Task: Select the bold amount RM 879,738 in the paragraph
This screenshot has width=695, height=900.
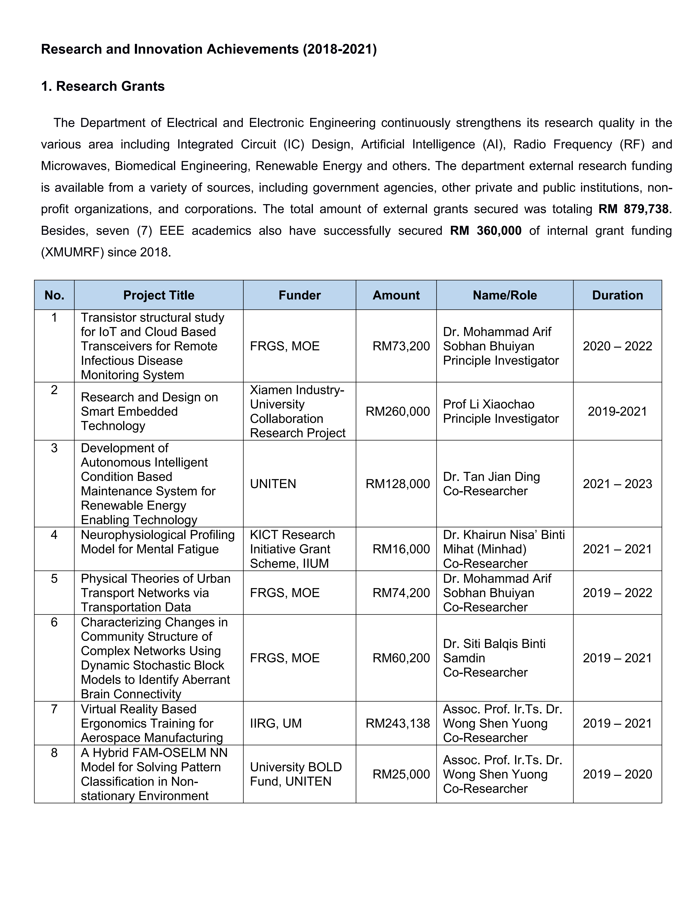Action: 633,209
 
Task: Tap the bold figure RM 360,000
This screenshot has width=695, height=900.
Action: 486,230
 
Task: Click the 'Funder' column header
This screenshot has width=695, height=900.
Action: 299,295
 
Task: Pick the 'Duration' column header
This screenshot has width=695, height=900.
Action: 617,295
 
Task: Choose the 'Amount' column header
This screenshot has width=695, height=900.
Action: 396,295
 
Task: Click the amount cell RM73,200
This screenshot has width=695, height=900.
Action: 401,346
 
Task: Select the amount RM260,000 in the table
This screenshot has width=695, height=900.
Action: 398,411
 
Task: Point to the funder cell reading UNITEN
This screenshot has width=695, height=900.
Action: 273,484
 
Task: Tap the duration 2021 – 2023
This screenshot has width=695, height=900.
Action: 617,484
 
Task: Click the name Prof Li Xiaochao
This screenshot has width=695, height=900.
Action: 489,404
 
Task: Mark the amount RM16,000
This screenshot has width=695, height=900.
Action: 401,549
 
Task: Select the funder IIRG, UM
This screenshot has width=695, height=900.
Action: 276,723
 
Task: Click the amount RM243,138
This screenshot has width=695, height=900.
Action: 398,723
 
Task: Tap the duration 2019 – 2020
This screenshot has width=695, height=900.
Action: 617,774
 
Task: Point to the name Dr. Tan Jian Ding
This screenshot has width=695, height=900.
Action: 491,477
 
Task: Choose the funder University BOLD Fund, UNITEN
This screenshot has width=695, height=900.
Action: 296,774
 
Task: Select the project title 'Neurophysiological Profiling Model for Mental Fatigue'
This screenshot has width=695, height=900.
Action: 158,542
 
